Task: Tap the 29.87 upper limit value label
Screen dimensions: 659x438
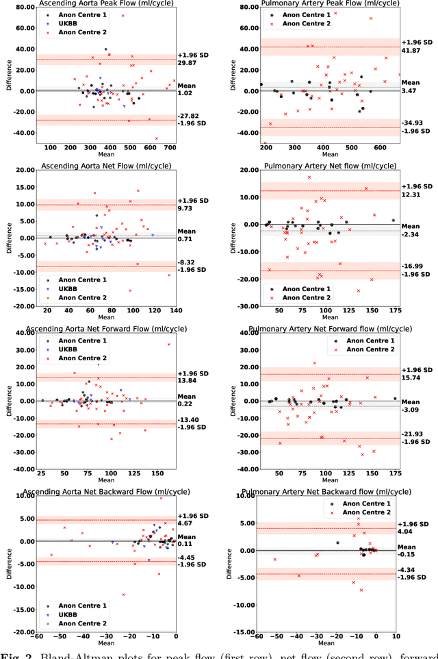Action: pyautogui.click(x=187, y=62)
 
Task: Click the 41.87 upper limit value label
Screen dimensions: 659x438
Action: pyautogui.click(x=411, y=51)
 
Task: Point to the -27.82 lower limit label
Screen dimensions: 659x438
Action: pyautogui.click(x=187, y=116)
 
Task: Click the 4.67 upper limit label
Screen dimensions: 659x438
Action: pyautogui.click(x=185, y=523)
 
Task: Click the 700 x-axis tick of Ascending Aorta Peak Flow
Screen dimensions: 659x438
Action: pyautogui.click(x=170, y=147)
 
